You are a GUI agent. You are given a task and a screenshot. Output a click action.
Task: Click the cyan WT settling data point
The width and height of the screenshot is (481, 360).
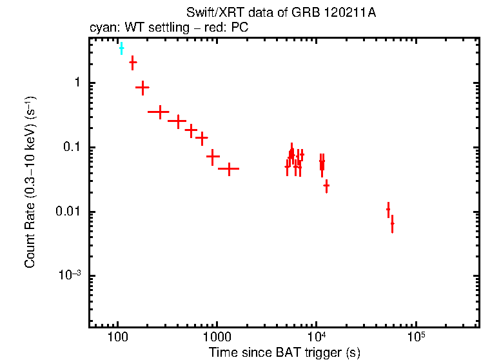(x=121, y=48)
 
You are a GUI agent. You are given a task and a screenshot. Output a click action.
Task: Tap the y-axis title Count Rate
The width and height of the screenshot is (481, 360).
(x=30, y=182)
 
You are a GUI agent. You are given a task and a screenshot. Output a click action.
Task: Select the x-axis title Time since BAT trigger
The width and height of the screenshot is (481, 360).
(x=284, y=352)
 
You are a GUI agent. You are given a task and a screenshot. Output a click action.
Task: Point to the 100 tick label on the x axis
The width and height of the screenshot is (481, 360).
(x=117, y=337)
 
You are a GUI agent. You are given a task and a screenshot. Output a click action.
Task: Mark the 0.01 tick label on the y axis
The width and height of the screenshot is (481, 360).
(x=69, y=212)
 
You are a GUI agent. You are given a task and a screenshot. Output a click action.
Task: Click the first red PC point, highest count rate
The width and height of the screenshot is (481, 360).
(x=133, y=63)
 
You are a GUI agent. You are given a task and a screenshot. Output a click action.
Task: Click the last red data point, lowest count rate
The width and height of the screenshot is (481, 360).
(x=392, y=224)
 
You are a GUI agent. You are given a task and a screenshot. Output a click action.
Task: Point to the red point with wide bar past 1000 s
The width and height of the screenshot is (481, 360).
(x=228, y=168)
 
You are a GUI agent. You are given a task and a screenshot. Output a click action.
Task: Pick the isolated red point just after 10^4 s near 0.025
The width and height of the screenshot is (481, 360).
(x=327, y=186)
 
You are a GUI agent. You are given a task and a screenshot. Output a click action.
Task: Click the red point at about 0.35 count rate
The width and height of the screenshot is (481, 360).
(x=159, y=112)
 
